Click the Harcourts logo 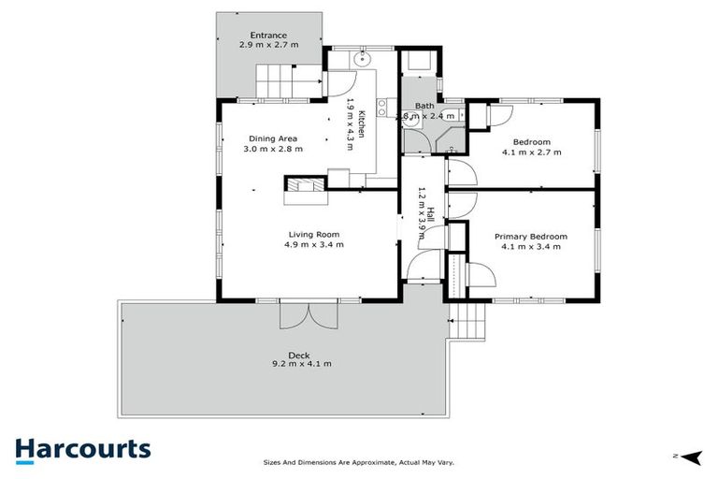[x=82, y=448]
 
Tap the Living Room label [x=313, y=235]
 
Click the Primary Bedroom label [x=531, y=237]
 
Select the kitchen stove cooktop [x=384, y=114]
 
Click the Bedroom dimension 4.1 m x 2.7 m [x=531, y=151]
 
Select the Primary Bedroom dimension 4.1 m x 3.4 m [x=531, y=247]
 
